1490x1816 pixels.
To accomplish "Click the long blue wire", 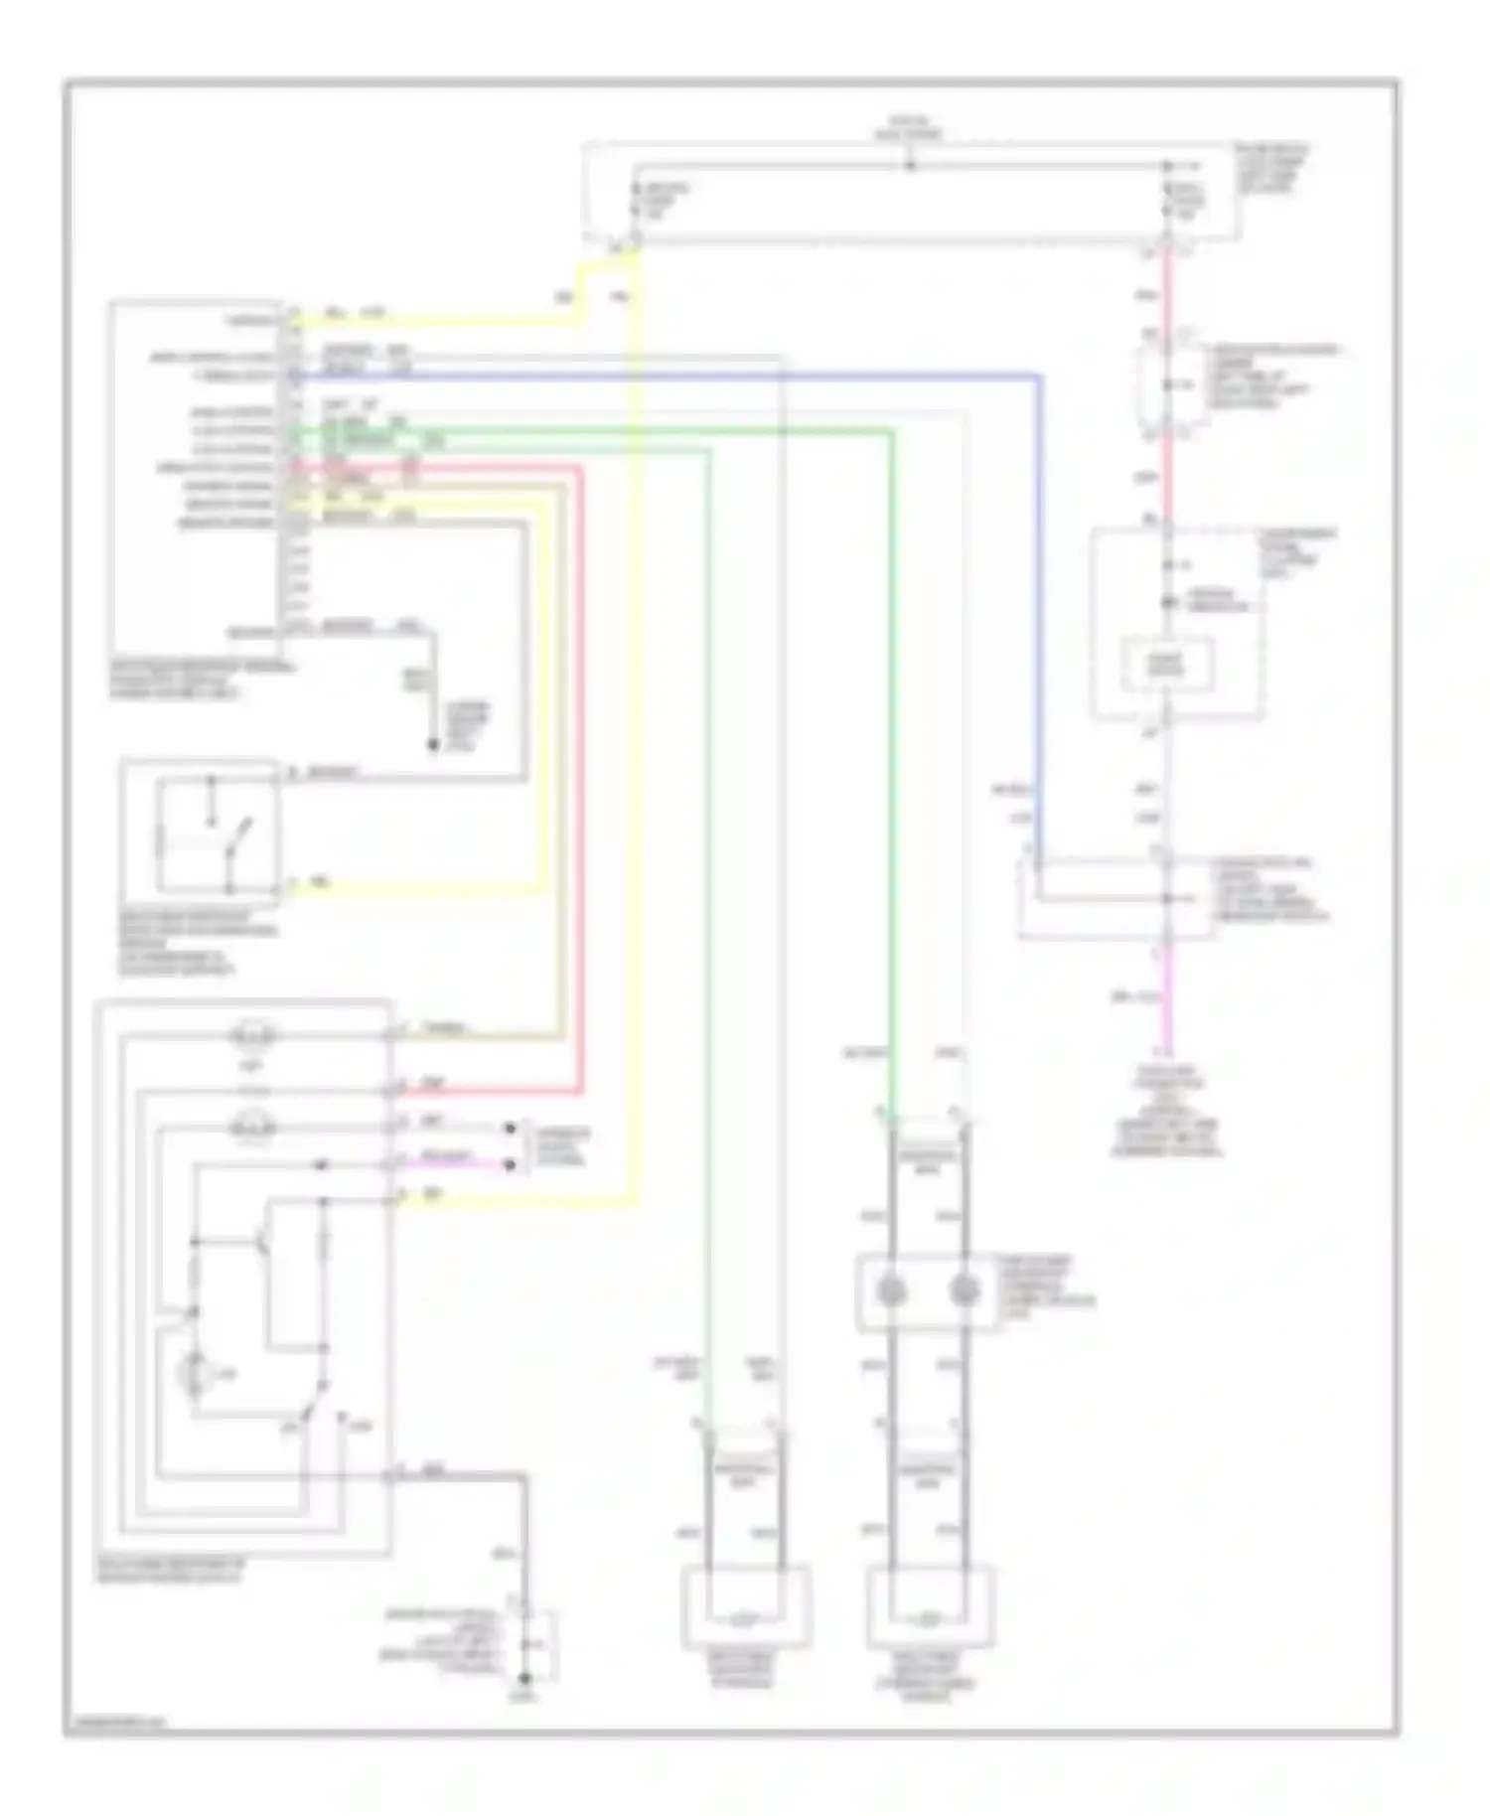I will [x=695, y=376].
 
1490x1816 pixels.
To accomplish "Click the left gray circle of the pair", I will [x=892, y=1291].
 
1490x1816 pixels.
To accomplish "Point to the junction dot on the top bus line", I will [x=910, y=165].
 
